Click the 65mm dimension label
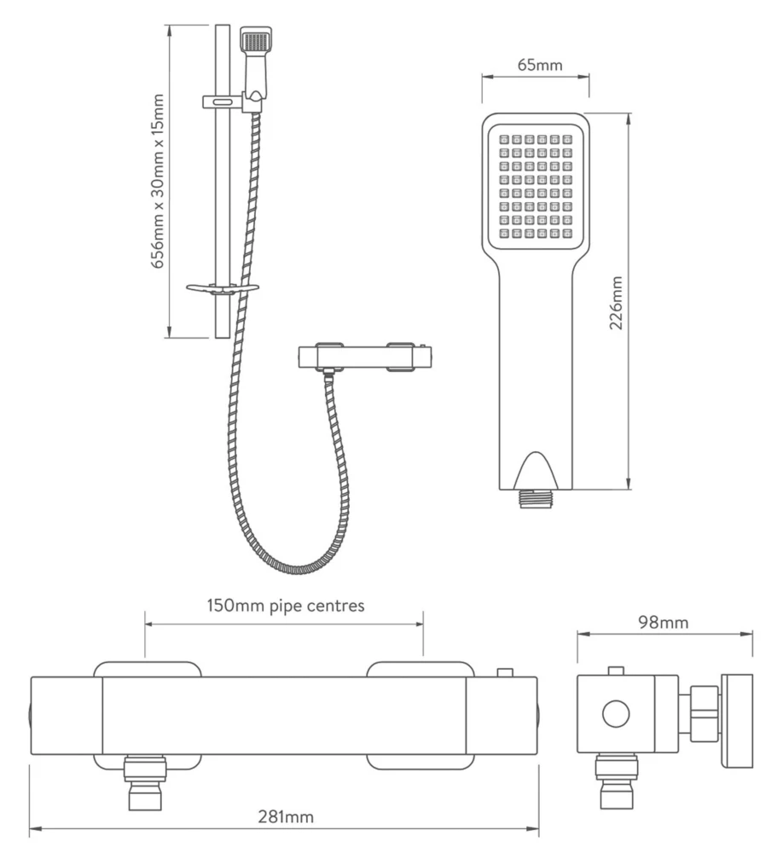coord(535,66)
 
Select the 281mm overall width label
coord(285,816)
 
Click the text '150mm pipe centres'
coord(286,606)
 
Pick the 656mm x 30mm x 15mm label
coord(159,181)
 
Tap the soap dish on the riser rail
coord(222,288)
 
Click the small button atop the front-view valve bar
coord(506,671)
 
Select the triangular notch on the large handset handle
coord(536,468)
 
